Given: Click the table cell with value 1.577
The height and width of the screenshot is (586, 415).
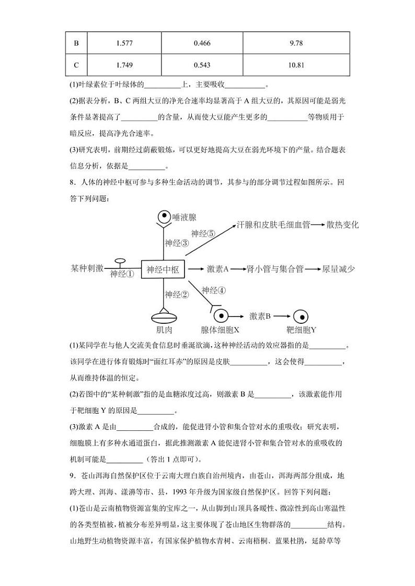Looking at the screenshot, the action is [125, 43].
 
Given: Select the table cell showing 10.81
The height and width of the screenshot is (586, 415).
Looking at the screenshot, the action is [296, 65].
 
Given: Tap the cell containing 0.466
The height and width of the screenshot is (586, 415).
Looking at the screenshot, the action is [202, 43].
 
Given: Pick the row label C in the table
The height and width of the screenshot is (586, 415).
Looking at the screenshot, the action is [76, 65].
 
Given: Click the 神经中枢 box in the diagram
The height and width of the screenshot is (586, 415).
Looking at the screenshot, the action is [163, 269].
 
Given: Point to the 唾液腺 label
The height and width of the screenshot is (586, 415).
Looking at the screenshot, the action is [184, 217].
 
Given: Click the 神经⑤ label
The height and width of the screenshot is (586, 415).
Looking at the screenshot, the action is [203, 233].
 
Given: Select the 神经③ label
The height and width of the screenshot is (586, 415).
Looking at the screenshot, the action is [177, 243].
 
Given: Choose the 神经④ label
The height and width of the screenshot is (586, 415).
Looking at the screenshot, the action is [214, 290].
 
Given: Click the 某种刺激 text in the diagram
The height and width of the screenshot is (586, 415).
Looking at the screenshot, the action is [87, 269].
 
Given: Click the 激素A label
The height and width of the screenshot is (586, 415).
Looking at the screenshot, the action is [218, 269].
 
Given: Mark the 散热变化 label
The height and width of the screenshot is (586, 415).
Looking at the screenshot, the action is [342, 225].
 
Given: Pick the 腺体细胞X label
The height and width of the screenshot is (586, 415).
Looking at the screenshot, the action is [220, 330].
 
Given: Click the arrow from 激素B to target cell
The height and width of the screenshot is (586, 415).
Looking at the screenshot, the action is [282, 317].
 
